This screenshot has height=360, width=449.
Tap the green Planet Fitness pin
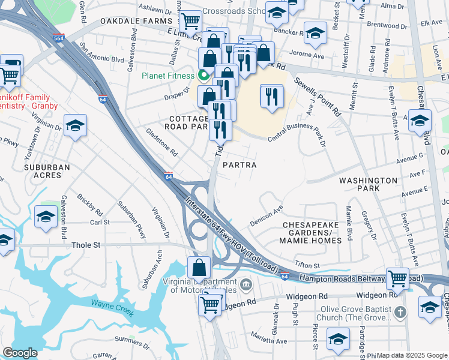click(203, 76)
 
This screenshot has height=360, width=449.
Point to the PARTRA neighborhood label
click(240, 164)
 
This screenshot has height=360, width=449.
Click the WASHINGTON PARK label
click(367, 184)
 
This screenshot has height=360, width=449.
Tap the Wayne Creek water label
click(110, 304)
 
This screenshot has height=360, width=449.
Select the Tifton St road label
click(307, 265)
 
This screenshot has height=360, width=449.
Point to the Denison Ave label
click(266, 216)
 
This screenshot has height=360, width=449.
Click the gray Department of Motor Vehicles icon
click(245, 283)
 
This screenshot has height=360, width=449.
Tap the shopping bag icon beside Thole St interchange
click(199, 266)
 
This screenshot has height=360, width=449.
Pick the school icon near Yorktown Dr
click(75, 125)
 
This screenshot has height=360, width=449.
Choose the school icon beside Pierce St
click(338, 338)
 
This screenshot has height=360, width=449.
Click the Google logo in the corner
click(20, 353)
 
